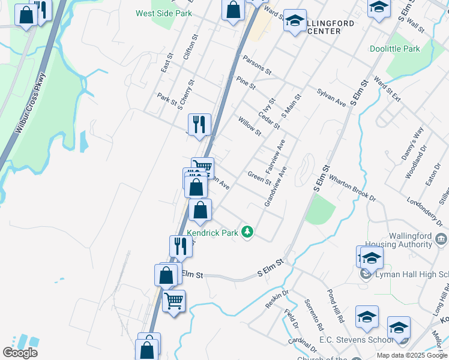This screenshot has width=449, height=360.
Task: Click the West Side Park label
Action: coord(163,13)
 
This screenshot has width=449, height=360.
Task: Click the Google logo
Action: coord(20,353)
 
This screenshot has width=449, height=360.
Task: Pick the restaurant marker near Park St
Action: coord(199,125)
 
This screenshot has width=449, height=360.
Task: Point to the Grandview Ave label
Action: coord(276,187)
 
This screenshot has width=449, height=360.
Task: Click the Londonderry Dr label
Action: coord(428,209)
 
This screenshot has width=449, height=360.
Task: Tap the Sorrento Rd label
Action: coord(313,315)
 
